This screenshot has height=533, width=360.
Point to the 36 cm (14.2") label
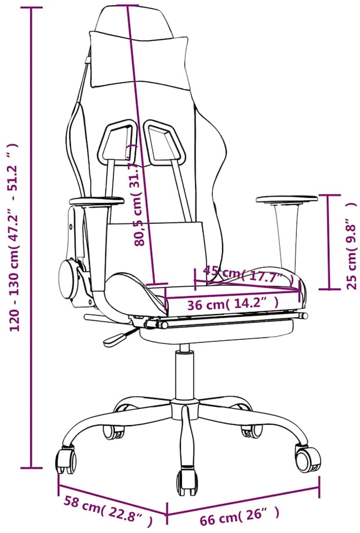234,303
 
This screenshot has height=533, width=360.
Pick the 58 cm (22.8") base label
108,511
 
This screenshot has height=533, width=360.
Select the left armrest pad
96,201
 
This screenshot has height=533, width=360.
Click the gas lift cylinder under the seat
185,374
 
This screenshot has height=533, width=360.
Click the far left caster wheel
66,460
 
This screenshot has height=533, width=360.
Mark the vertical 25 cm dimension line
329,242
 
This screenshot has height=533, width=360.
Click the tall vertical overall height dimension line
31,237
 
